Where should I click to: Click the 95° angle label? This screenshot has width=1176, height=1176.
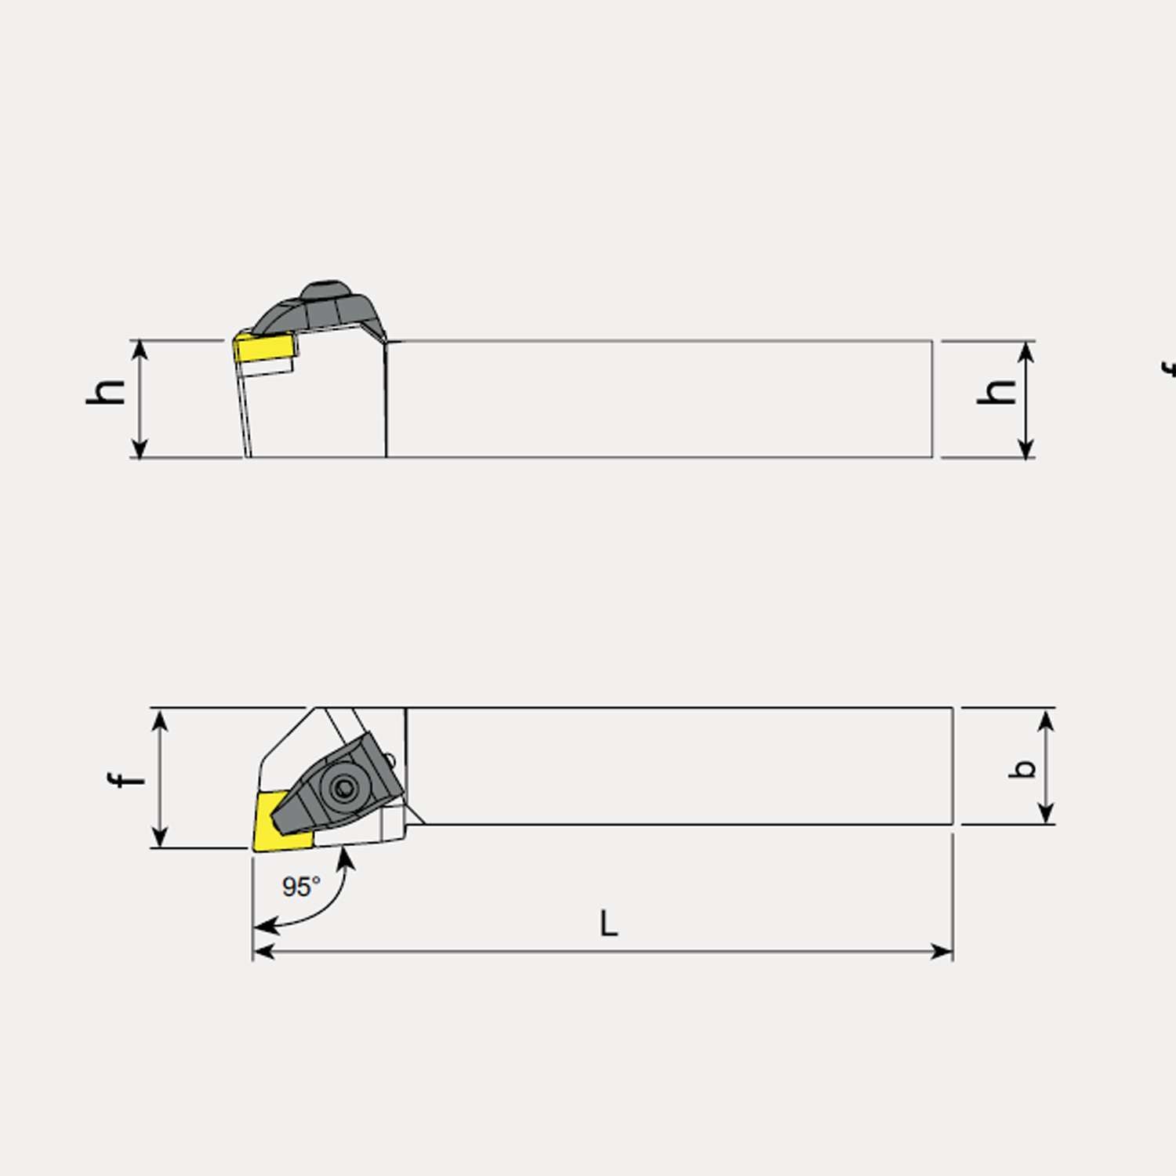pyautogui.click(x=301, y=887)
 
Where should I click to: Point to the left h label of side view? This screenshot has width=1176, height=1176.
pyautogui.click(x=107, y=391)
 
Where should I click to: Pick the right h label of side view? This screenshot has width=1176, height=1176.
pyautogui.click(x=997, y=391)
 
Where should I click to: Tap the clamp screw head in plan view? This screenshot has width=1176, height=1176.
pyautogui.click(x=343, y=787)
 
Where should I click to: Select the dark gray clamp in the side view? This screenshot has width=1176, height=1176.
pyautogui.click(x=321, y=310)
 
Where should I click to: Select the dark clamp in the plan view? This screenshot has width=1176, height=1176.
pyautogui.click(x=345, y=780)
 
